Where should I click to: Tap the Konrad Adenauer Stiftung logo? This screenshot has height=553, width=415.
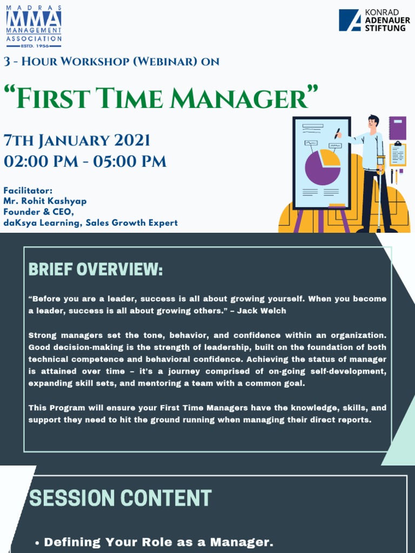372,20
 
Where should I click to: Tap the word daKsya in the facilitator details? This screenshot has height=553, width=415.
19,222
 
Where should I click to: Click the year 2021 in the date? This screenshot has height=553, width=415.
132,141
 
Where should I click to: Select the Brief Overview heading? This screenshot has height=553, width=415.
96,269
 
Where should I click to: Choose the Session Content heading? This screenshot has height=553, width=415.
120,498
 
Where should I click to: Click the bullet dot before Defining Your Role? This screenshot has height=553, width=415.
37,543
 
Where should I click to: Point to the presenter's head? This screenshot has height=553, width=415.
373,122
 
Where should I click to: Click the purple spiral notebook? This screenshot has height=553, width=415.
397,128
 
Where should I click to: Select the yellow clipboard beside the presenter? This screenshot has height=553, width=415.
398,155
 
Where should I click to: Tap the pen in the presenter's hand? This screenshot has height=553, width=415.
337,133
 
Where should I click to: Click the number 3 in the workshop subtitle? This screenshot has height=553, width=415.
7,62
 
